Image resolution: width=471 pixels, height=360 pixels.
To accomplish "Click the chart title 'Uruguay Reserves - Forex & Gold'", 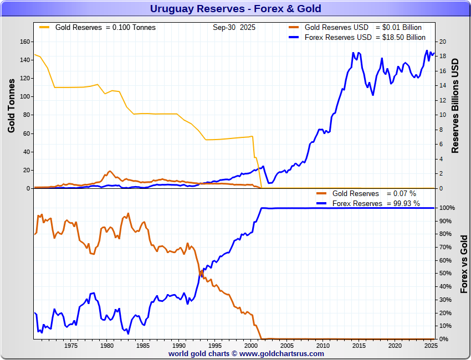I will pos(235,9).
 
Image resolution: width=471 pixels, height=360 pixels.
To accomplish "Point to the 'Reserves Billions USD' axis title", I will pos(455,105).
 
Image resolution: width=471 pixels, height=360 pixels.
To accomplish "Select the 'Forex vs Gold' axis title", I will pos(464,264).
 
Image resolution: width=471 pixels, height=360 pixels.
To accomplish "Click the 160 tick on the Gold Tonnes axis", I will pos(24,42).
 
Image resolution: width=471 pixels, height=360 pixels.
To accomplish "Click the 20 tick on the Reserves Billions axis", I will pos(442,42).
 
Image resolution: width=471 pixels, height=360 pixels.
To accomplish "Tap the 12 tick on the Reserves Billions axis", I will pos(442,100).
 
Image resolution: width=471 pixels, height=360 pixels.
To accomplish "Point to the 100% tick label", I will pos(447,208).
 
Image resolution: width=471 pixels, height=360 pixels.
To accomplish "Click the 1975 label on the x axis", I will pos(70,346).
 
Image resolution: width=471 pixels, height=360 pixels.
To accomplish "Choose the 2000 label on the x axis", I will pos(251,346).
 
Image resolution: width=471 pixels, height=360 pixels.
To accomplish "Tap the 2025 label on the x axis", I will pos(431,346).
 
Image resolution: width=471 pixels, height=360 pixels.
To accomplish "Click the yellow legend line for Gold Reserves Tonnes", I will pos(44,27).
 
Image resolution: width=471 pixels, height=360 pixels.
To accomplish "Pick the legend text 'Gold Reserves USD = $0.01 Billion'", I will pos(363,28).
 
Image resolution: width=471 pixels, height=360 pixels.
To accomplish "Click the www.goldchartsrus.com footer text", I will pos(282,353).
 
